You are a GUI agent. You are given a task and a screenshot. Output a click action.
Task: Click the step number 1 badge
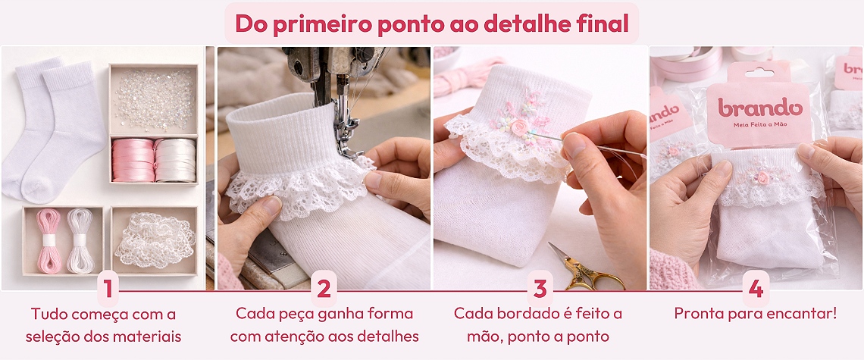coord(108,288)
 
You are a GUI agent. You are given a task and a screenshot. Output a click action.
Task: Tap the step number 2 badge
coord(324,288)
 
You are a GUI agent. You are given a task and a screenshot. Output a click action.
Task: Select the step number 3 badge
coord(540,288)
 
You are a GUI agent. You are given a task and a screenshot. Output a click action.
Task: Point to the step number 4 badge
coord(756,288)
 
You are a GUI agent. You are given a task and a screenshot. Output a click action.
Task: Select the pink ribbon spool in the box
coord(133,160)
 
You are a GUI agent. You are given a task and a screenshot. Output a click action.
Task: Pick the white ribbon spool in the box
coord(175,160)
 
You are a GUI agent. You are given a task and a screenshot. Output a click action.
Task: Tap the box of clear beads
coord(154,99)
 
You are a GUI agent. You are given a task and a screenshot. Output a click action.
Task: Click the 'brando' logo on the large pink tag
coord(759,108)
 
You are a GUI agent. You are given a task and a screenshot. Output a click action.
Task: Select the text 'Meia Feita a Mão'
coord(759,125)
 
